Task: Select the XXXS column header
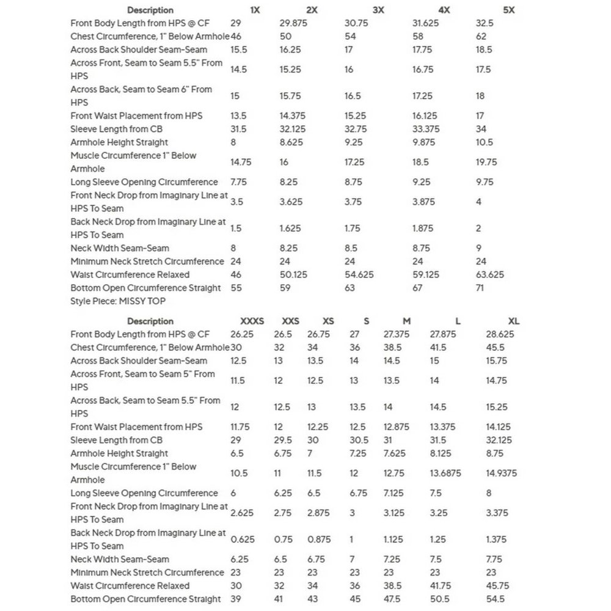(x=252, y=321)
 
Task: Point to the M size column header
(x=406, y=321)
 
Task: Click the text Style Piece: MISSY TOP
(x=118, y=301)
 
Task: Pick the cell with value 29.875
(x=293, y=23)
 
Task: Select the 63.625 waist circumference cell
(x=490, y=275)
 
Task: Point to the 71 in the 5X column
(x=481, y=288)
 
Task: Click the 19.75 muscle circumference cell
(x=486, y=162)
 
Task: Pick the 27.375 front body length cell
(x=397, y=334)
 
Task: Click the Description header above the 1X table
(x=150, y=10)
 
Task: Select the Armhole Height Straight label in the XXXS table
(x=119, y=453)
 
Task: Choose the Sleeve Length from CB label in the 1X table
(x=116, y=129)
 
